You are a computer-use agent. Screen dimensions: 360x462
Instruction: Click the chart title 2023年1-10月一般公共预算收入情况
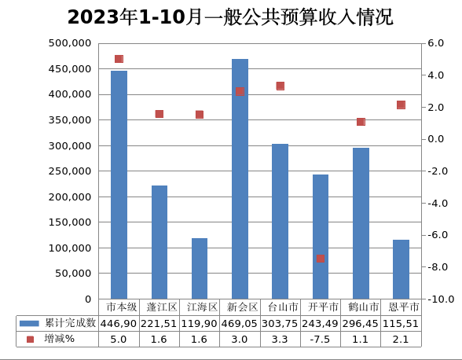click(x=230, y=17)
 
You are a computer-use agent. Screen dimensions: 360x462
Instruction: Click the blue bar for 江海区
click(x=200, y=268)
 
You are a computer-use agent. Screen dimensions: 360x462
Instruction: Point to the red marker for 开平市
click(x=321, y=258)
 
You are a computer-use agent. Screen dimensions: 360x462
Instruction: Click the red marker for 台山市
click(x=280, y=86)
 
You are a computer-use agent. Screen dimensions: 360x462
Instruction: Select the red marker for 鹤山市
click(x=361, y=122)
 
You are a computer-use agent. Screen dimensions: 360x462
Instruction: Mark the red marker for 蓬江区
click(x=159, y=114)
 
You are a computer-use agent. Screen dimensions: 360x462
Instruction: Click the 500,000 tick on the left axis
click(x=70, y=43)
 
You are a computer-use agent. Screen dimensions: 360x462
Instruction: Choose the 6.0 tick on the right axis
click(x=437, y=43)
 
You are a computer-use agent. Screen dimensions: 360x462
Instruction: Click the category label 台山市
click(x=280, y=307)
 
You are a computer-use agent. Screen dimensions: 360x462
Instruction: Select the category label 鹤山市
click(x=361, y=307)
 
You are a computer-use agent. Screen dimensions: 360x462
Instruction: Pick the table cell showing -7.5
click(x=321, y=339)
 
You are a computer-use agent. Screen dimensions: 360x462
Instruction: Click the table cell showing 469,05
click(x=240, y=323)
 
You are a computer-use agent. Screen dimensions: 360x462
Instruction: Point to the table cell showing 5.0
click(x=119, y=339)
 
